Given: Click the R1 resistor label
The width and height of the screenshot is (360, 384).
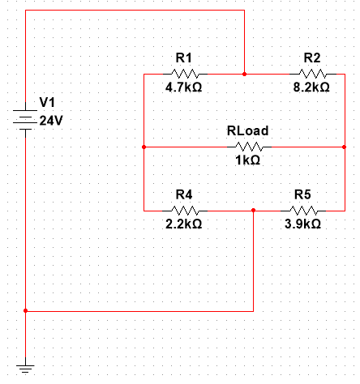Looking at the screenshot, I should (183, 58).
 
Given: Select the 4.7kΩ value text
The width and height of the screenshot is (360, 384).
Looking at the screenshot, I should (183, 87).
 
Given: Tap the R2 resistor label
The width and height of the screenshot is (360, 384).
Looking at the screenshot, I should (311, 58).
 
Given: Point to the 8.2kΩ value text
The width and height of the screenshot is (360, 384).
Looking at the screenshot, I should (311, 87).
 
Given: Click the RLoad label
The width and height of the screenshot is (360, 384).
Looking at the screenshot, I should (247, 130).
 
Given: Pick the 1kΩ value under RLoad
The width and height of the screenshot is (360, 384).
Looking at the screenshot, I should (247, 160).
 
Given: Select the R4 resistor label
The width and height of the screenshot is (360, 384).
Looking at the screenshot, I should (183, 194).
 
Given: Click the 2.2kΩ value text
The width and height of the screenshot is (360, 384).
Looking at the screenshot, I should (183, 224).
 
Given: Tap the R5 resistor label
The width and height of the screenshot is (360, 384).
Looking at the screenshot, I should (302, 194).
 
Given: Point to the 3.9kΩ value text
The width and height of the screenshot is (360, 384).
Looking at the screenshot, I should (302, 224).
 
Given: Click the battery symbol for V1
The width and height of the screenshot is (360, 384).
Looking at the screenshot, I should (26, 120).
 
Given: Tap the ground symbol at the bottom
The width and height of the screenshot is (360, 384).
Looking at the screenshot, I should (26, 369).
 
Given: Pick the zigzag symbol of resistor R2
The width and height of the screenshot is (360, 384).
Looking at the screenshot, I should (311, 74).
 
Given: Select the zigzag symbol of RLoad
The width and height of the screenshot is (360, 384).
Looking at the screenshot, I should (248, 147).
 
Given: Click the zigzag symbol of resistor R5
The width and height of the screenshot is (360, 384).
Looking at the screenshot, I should (302, 211).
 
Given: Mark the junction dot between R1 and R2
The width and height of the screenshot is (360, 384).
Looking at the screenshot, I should (244, 74).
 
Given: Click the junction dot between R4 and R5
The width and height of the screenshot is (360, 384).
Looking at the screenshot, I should (254, 211).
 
